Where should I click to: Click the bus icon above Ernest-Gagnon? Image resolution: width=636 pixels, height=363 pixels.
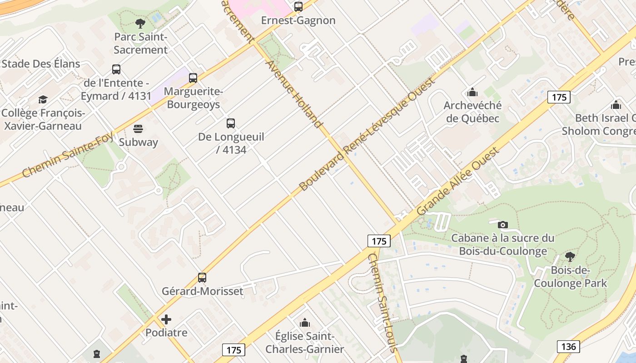(298, 7)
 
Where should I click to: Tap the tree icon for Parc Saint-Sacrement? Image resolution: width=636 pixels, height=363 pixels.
(140, 23)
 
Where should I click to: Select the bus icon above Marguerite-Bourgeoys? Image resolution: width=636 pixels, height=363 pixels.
(193, 78)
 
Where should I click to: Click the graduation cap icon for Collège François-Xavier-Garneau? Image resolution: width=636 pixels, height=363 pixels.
(43, 99)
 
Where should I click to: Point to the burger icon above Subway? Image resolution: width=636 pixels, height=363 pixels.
(138, 129)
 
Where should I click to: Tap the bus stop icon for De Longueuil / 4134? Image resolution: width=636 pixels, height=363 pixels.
(231, 123)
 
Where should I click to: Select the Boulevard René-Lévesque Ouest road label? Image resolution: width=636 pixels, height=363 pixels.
(367, 134)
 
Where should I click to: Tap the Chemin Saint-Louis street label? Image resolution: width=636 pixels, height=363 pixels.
(383, 302)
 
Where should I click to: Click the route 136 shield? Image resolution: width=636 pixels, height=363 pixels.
(568, 347)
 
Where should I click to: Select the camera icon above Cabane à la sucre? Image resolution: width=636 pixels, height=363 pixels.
(502, 225)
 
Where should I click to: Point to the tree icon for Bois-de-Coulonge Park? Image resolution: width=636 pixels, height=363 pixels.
(570, 257)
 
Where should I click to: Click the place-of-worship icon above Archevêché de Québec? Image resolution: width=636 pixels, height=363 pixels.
(472, 93)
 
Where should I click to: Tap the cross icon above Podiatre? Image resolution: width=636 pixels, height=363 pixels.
(166, 319)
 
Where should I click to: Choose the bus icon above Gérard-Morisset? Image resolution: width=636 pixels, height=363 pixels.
(202, 278)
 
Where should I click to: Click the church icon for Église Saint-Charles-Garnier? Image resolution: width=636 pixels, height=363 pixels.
(305, 323)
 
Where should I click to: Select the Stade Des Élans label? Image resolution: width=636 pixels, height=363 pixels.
(41, 64)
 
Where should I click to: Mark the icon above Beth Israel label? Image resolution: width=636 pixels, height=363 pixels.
(616, 105)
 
